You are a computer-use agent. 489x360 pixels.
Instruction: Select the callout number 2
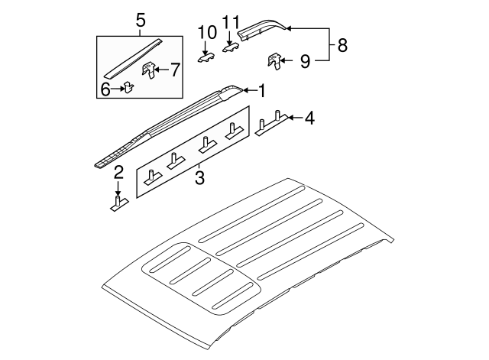click(x=118, y=173)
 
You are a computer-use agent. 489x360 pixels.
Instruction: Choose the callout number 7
click(x=175, y=71)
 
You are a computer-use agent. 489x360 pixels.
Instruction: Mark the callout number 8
click(x=342, y=45)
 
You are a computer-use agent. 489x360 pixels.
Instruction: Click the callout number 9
click(x=304, y=61)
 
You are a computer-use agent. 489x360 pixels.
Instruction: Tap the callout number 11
click(x=232, y=22)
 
